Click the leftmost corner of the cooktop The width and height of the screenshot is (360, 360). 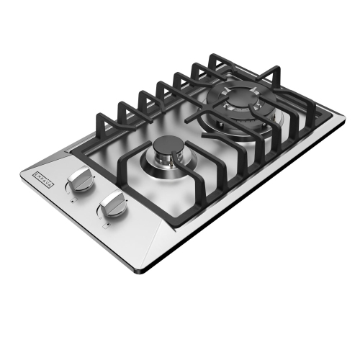point(27,171)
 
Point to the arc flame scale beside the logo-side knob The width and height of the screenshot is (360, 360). point(68,189)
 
